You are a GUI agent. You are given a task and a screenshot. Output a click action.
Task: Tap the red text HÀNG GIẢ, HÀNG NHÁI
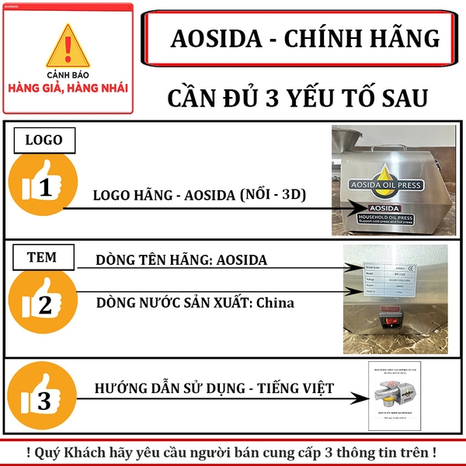(x=68, y=87)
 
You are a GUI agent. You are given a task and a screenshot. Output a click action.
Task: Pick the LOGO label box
(x=44, y=140)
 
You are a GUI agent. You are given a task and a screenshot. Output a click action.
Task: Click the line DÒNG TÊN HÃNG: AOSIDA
(x=182, y=260)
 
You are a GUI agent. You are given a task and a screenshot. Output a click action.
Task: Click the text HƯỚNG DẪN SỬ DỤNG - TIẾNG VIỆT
(x=214, y=387)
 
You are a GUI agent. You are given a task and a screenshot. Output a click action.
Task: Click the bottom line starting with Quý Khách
(x=233, y=451)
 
